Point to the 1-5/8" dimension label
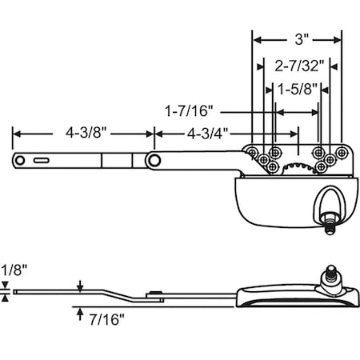[x=297, y=91]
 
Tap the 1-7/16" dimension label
[x=190, y=113]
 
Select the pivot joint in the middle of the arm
[x=152, y=160]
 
